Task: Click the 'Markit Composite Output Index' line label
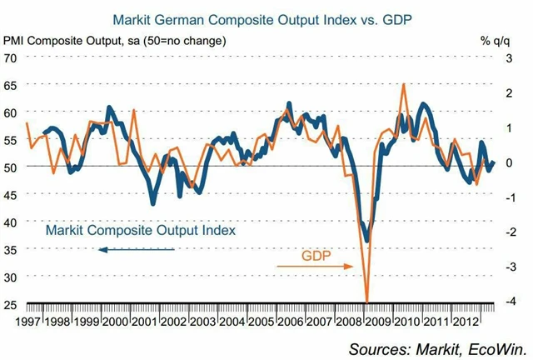141,229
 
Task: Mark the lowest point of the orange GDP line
366,301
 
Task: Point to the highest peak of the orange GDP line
404,84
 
